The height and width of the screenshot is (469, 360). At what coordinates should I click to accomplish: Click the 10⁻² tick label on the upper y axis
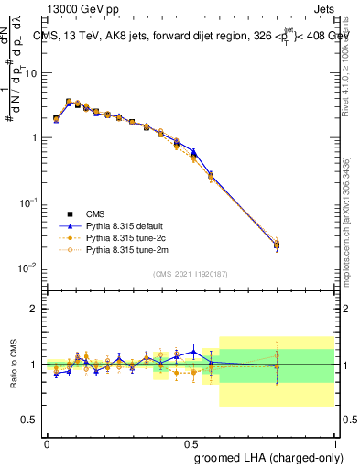point(28,267)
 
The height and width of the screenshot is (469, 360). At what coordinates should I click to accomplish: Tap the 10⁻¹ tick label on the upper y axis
point(28,202)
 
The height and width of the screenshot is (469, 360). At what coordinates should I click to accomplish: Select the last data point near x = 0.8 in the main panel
point(277,245)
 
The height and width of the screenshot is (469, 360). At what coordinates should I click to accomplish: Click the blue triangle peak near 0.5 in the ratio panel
point(193,351)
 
